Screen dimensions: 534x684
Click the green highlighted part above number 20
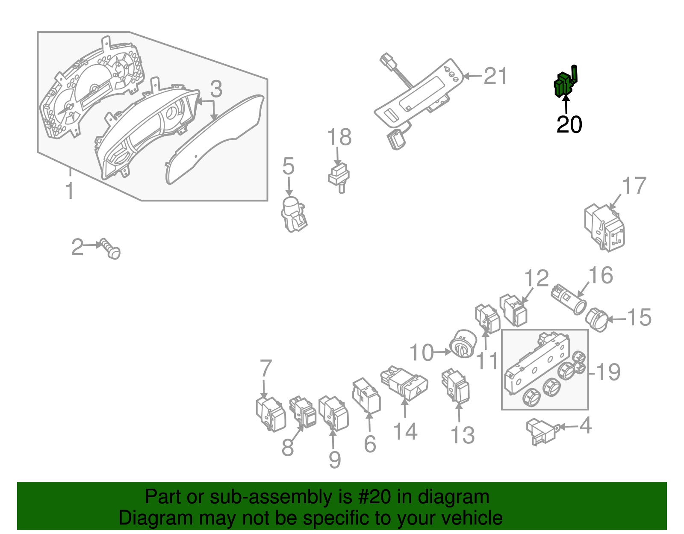pyautogui.click(x=564, y=83)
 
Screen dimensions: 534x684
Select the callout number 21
pyautogui.click(x=495, y=77)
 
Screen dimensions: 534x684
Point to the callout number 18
pyautogui.click(x=339, y=138)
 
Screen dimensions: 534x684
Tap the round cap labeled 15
pyautogui.click(x=597, y=320)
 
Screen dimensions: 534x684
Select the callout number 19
pyautogui.click(x=608, y=372)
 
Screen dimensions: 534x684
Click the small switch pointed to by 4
pyautogui.click(x=541, y=431)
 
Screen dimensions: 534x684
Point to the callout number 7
pyautogui.click(x=265, y=369)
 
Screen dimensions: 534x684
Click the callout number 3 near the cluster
pyautogui.click(x=216, y=89)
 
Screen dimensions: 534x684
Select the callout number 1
pyautogui.click(x=70, y=191)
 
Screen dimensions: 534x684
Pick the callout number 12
pyautogui.click(x=536, y=279)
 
